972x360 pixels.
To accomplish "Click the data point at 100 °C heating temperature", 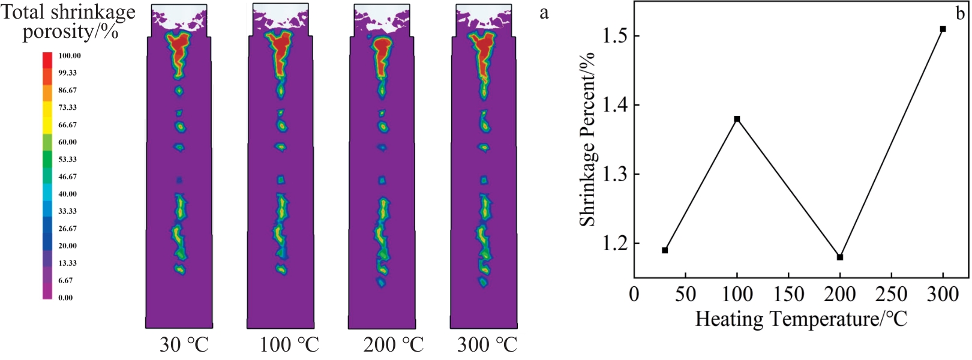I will [737, 119].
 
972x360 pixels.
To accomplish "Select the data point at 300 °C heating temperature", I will [943, 29].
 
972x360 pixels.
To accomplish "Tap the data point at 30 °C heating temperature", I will [665, 250].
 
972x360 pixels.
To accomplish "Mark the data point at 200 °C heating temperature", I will [840, 257].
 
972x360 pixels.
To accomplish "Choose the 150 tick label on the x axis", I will [788, 294].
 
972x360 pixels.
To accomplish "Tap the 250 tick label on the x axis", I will [892, 294].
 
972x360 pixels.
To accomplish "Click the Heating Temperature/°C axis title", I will [800, 319].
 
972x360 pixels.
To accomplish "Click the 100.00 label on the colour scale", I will [70, 56].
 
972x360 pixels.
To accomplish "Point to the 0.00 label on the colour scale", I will [65, 298].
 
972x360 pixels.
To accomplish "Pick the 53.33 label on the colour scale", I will [67, 160].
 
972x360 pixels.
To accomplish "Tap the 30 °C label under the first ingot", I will [184, 345].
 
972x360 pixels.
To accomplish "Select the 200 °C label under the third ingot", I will [393, 345].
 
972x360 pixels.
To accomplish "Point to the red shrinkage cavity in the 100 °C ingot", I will [281, 51].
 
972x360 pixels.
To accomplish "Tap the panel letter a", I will [544, 13].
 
